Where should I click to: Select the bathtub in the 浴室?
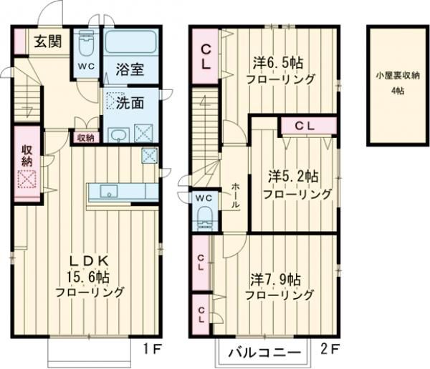pyautogui.click(x=131, y=42)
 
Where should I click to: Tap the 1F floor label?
pyautogui.click(x=150, y=350)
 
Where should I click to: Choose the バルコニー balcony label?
pyautogui.click(x=263, y=353)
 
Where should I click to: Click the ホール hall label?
pyautogui.click(x=235, y=195)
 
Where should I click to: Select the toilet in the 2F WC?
pyautogui.click(x=204, y=217)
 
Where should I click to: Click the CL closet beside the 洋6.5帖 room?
pyautogui.click(x=205, y=56)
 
